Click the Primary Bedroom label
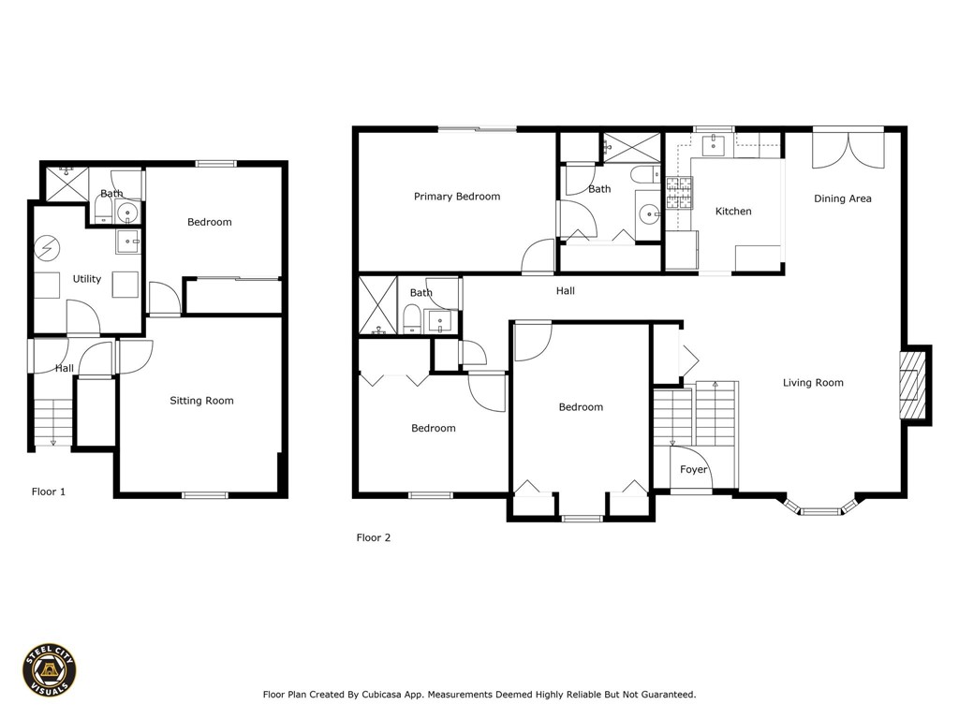click(x=457, y=197)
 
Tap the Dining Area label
click(x=842, y=198)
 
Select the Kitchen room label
click(x=733, y=212)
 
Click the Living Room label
click(x=813, y=382)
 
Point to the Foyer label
click(x=693, y=470)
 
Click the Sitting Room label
click(x=201, y=401)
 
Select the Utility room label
click(x=87, y=279)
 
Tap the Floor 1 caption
click(x=49, y=491)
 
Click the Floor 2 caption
click(x=373, y=537)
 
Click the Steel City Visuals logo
click(x=50, y=669)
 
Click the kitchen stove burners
click(x=678, y=193)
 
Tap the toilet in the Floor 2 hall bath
click(x=411, y=319)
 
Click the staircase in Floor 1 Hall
click(x=52, y=422)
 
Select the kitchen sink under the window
click(x=715, y=142)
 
